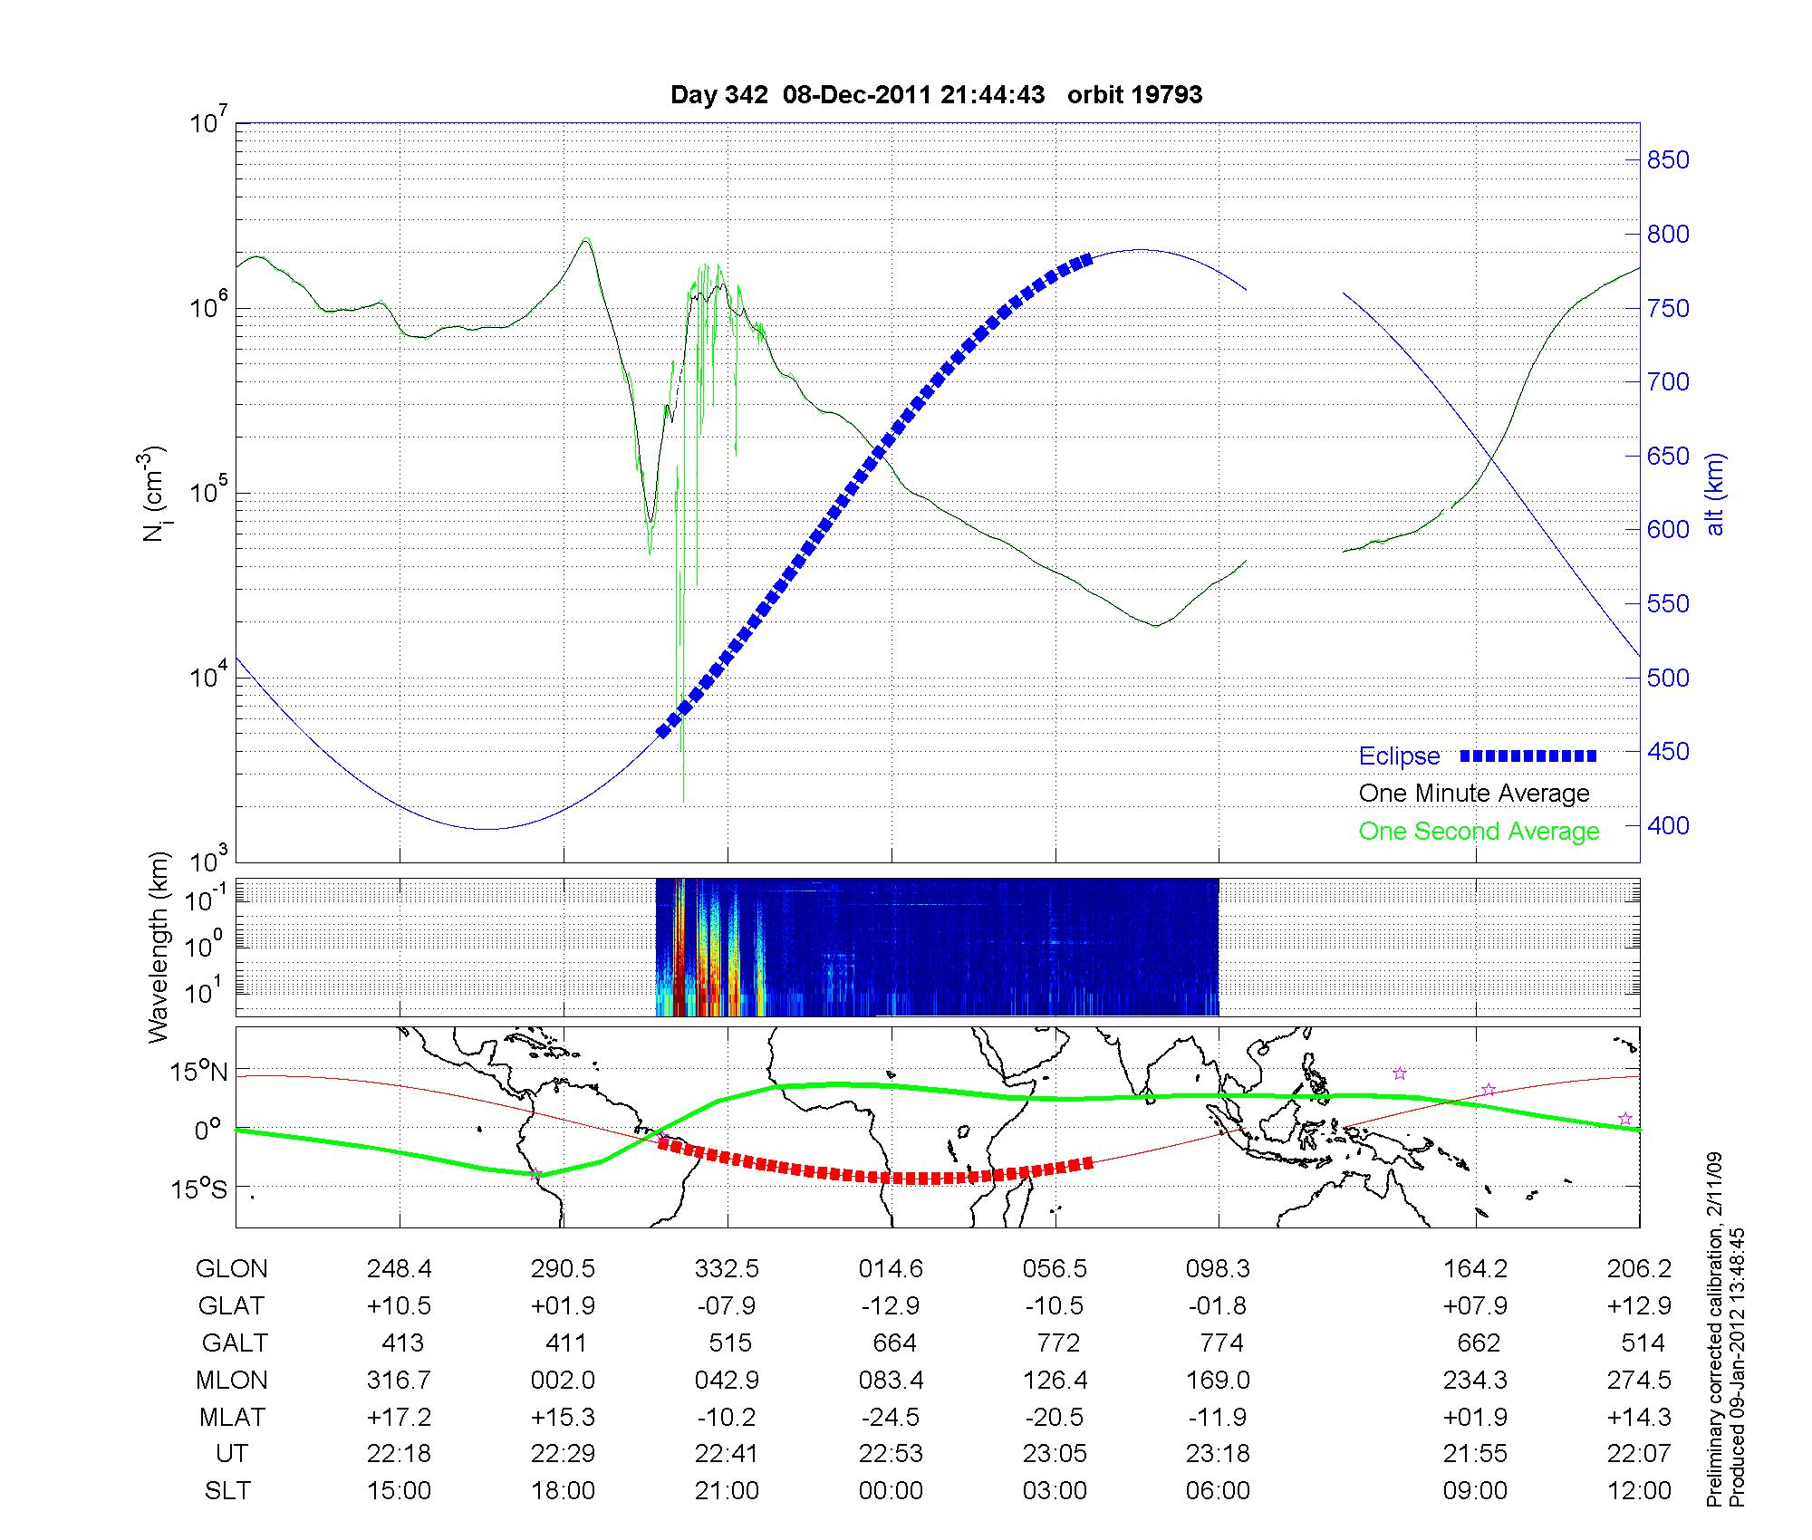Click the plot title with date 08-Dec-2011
click(936, 95)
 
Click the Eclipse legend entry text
click(1399, 756)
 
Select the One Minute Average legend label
click(1474, 794)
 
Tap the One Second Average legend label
click(1479, 832)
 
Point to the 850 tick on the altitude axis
click(1667, 160)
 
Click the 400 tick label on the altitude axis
click(1667, 825)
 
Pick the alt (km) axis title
click(1715, 494)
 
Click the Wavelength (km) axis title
click(159, 948)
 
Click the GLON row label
click(232, 1269)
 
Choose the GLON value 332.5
click(727, 1269)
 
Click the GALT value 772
click(1056, 1343)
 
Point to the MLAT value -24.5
click(891, 1417)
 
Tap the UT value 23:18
click(1218, 1454)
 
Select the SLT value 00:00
click(891, 1491)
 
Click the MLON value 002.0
click(563, 1380)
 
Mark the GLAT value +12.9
click(1638, 1306)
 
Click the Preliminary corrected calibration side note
click(1714, 1330)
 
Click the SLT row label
click(228, 1491)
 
